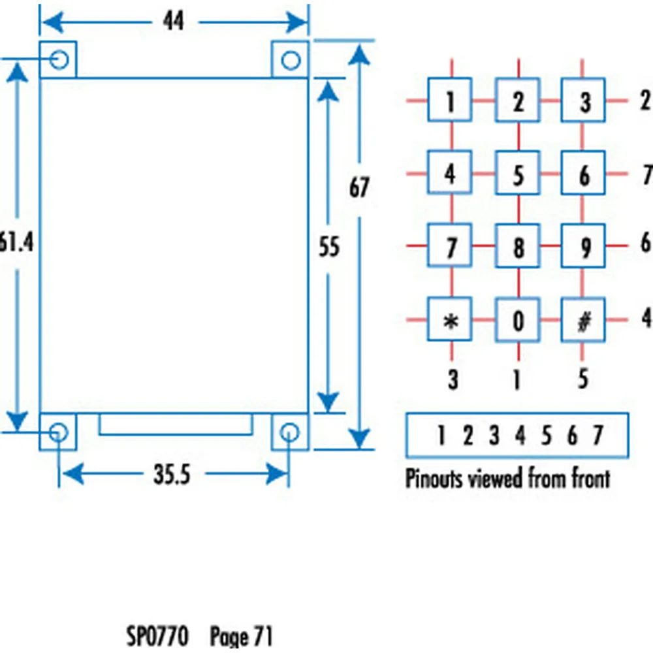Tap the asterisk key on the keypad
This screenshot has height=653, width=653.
tap(450, 320)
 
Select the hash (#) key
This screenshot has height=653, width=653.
tap(584, 320)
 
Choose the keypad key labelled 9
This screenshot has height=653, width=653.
tap(584, 247)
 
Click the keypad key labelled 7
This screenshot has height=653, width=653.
tap(450, 247)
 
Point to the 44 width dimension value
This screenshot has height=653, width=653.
tap(173, 22)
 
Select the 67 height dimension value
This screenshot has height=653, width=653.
tap(359, 188)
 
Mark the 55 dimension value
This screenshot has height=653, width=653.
tap(329, 247)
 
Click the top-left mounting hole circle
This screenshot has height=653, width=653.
tap(59, 59)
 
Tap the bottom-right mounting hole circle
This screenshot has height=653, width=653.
tap(289, 431)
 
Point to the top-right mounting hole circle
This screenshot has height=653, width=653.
tap(290, 59)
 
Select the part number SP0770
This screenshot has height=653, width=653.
tap(157, 635)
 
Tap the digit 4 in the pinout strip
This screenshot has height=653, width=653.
tap(520, 435)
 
